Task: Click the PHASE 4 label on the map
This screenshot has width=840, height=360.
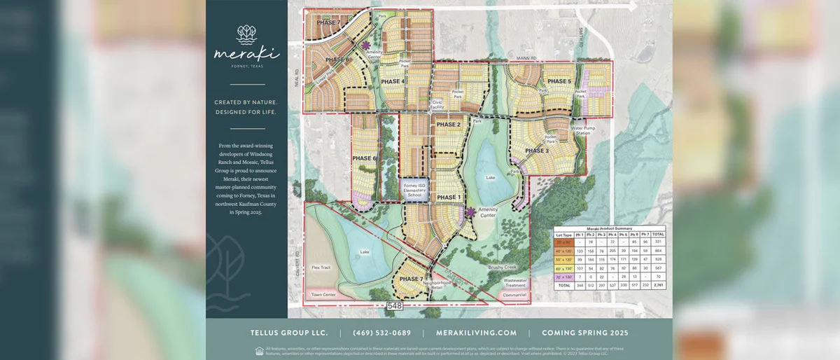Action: coord(393,81)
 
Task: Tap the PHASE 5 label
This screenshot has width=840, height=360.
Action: coord(559,81)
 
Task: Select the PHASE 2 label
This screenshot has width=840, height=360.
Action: coord(448,124)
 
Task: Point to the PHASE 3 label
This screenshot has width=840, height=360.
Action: coord(537,151)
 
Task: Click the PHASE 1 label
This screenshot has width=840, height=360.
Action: coord(448,198)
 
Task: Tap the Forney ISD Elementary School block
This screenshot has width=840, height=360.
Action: coord(413,190)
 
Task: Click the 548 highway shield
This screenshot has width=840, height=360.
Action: coord(395,305)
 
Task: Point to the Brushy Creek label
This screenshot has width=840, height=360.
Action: coord(500,268)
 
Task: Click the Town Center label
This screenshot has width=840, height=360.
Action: coord(323,295)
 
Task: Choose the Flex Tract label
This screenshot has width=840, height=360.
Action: coord(321,267)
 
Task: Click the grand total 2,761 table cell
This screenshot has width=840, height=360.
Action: coord(658,286)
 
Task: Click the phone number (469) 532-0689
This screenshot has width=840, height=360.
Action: coord(382,333)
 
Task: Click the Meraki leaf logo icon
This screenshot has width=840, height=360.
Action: coord(246,34)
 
